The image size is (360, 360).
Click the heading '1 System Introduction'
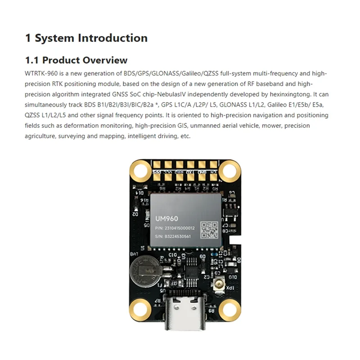(86, 38)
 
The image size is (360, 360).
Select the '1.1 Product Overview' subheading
(76, 60)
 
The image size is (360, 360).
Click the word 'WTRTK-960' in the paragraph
(40, 73)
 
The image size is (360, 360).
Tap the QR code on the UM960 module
(209, 229)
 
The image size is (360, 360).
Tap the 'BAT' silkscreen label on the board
(134, 255)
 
